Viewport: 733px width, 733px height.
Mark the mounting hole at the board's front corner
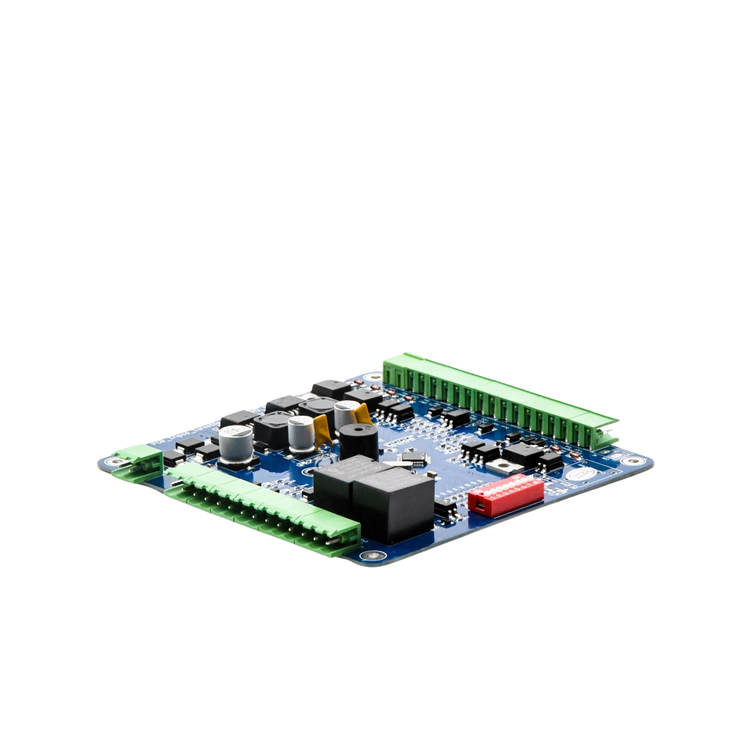(373, 556)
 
